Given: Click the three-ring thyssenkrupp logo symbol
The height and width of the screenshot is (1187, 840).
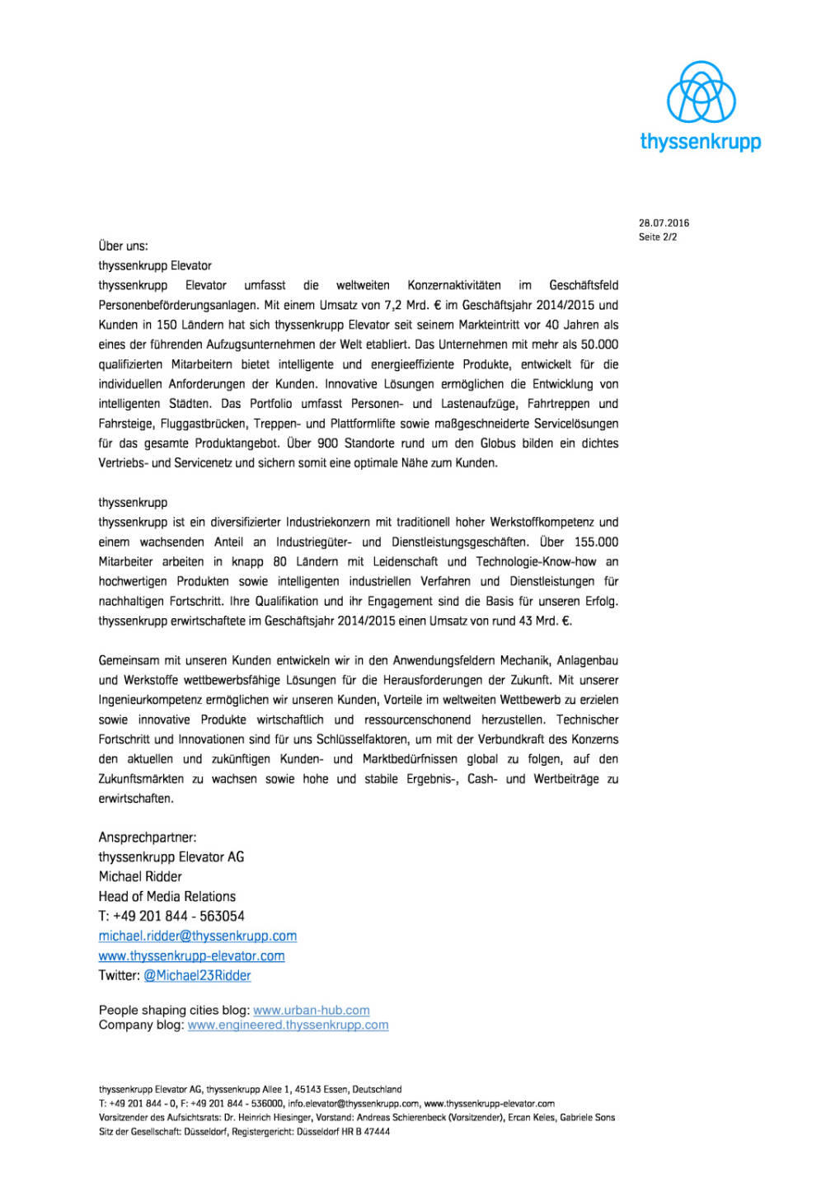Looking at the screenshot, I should (x=701, y=91).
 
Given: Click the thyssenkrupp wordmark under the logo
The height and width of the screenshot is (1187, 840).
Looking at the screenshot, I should (x=700, y=141).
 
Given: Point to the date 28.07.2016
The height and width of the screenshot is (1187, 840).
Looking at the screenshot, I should (x=664, y=223).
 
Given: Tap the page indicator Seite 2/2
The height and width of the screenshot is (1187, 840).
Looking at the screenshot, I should (x=657, y=237).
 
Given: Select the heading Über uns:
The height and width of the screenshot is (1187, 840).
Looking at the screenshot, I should (x=123, y=246).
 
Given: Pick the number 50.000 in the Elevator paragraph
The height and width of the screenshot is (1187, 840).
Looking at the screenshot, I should (x=599, y=345).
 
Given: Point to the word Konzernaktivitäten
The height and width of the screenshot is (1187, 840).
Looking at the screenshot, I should (x=453, y=285).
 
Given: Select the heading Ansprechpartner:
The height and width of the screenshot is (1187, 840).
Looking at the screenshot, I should (x=148, y=837).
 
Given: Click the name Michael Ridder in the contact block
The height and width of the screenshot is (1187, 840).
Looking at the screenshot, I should (x=140, y=877).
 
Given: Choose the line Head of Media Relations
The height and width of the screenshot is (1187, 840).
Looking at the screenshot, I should (x=167, y=897).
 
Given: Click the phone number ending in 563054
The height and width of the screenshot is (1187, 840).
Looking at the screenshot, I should (x=171, y=917).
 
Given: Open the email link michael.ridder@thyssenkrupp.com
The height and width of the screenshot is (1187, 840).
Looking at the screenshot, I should (x=197, y=936).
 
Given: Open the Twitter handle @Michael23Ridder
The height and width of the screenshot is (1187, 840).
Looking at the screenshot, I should (x=197, y=976).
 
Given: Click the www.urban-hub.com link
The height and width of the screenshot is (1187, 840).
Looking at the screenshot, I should (x=311, y=1011).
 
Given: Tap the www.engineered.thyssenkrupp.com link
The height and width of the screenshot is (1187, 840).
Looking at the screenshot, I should (x=288, y=1025).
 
